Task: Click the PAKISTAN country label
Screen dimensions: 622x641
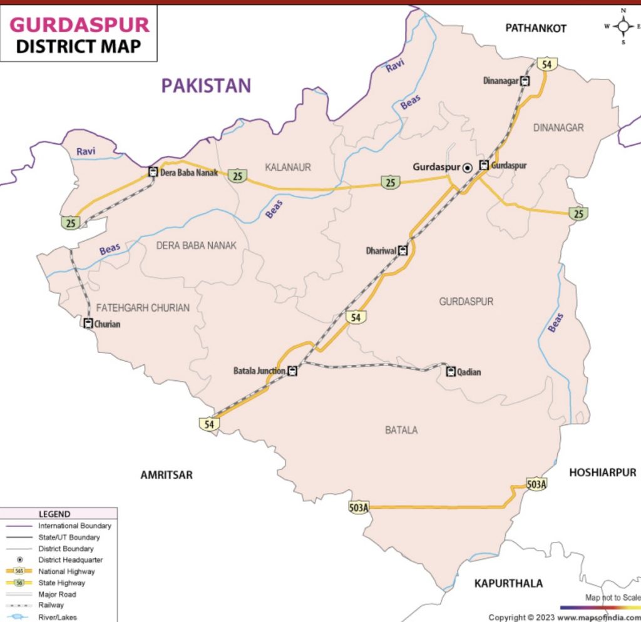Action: click(x=206, y=85)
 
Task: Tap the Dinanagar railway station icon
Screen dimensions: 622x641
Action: click(x=525, y=81)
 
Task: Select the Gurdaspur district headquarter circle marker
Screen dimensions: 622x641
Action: click(x=467, y=167)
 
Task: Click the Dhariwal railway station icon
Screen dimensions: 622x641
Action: click(x=403, y=251)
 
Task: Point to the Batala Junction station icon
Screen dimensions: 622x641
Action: click(x=292, y=371)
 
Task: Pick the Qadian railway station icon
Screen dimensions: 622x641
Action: click(x=450, y=372)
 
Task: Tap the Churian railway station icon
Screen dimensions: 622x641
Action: click(x=88, y=324)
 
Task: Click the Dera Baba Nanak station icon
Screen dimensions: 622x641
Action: click(x=153, y=172)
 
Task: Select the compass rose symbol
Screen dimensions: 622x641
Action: click(x=623, y=26)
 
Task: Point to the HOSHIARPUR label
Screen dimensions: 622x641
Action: click(x=602, y=472)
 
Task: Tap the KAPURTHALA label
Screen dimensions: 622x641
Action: click(x=508, y=583)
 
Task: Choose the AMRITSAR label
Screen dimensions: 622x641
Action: click(x=166, y=475)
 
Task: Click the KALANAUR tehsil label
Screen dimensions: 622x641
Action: click(x=288, y=167)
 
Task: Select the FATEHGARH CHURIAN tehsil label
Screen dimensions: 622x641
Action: click(x=143, y=308)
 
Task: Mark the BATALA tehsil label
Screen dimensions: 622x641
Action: click(x=401, y=430)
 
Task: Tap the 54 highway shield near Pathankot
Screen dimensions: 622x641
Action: click(x=546, y=63)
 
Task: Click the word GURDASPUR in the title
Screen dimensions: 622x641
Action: click(x=80, y=25)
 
